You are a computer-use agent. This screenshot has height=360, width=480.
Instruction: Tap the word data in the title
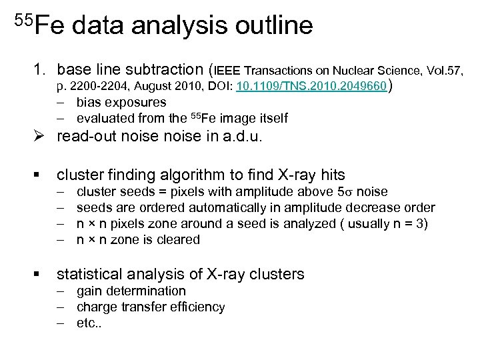(x=101, y=26)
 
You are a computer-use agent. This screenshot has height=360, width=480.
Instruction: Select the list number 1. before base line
(x=41, y=69)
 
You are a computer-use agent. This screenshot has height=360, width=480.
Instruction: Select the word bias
(x=89, y=103)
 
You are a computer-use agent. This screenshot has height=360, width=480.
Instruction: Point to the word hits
(x=331, y=175)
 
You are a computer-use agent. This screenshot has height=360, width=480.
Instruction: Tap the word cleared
(x=178, y=240)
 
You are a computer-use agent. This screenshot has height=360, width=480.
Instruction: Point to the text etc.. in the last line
(x=90, y=323)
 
